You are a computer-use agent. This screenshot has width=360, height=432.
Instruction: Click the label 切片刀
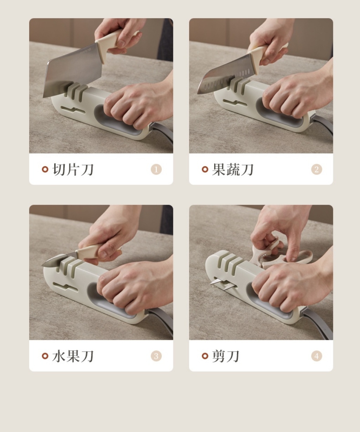(73, 169)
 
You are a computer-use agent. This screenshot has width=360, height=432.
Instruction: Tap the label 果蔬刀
(233, 169)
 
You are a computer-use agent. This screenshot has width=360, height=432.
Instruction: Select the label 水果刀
(73, 356)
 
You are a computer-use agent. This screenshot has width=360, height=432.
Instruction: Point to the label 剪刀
(226, 356)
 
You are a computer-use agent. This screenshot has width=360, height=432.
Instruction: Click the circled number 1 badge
(156, 169)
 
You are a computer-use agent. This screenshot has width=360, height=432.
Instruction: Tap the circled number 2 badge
(316, 169)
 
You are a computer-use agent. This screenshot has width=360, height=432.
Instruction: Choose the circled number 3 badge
(156, 356)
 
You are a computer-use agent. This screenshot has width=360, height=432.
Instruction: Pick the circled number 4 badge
(316, 356)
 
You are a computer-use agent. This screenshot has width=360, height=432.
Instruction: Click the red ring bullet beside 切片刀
(45, 169)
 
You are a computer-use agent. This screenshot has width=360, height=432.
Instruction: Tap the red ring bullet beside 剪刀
(205, 356)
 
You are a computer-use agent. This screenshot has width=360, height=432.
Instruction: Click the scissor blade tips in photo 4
(223, 283)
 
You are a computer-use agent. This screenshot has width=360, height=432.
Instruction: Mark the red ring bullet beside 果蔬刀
(205, 169)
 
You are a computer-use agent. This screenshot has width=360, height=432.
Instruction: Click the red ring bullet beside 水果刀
(45, 356)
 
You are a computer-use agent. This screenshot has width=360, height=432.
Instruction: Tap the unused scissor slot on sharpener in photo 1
(73, 110)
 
